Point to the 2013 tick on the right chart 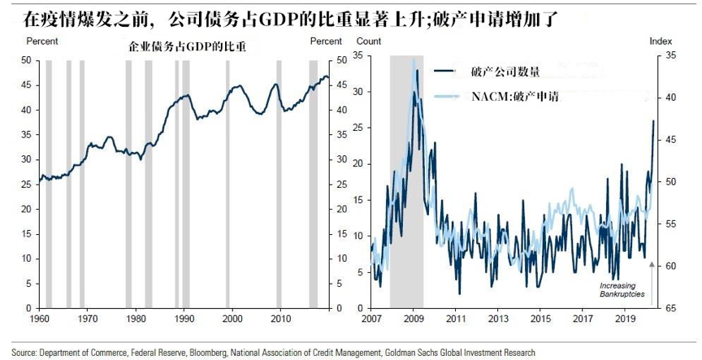[498, 319]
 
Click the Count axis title [368, 41]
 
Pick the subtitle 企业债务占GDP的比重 [188, 47]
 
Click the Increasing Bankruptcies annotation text [622, 290]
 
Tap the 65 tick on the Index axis [670, 309]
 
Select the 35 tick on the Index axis [670, 55]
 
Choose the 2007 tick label [371, 319]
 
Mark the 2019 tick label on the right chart [625, 319]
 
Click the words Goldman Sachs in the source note [418, 353]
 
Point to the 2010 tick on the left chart [280, 319]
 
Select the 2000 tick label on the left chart [232, 319]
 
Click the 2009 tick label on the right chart [414, 319]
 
